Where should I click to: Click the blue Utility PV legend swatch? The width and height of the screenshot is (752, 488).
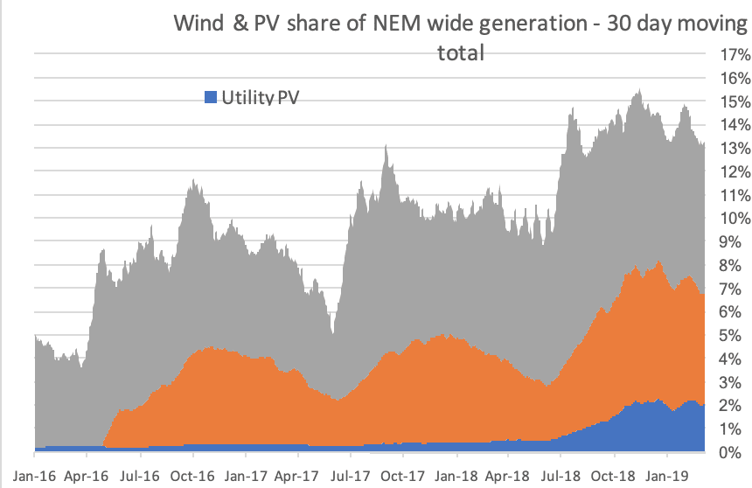pyautogui.click(x=209, y=95)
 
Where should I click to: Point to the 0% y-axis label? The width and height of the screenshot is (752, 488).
pyautogui.click(x=732, y=452)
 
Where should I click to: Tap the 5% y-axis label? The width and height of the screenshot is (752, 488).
pyautogui.click(x=732, y=335)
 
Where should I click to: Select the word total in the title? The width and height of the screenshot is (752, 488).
pyautogui.click(x=461, y=52)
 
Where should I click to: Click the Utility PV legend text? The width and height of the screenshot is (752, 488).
pyautogui.click(x=259, y=95)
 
